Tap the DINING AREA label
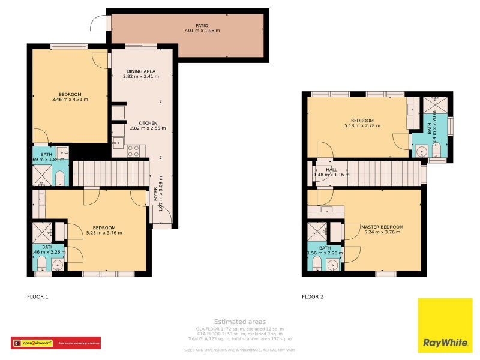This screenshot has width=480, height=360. click(141, 71)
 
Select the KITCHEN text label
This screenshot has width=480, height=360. click(148, 123)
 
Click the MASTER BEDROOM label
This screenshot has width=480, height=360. click(382, 227)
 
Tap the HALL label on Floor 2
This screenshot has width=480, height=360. click(331, 170)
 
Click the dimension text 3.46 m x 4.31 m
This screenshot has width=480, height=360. click(70, 100)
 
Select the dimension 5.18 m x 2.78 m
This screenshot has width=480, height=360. click(362, 126)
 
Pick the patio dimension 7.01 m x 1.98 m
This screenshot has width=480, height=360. click(202, 31)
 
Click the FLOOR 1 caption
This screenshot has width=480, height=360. click(38, 296)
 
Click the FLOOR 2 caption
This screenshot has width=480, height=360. click(313, 296)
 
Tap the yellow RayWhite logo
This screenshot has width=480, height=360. click(445, 326)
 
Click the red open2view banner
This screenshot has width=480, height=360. click(56, 343)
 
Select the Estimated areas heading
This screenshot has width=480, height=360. click(239, 322)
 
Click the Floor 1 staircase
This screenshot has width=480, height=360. click(109, 173)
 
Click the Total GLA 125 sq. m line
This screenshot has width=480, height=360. click(239, 339)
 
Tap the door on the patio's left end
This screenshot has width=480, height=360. click(98, 23)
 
